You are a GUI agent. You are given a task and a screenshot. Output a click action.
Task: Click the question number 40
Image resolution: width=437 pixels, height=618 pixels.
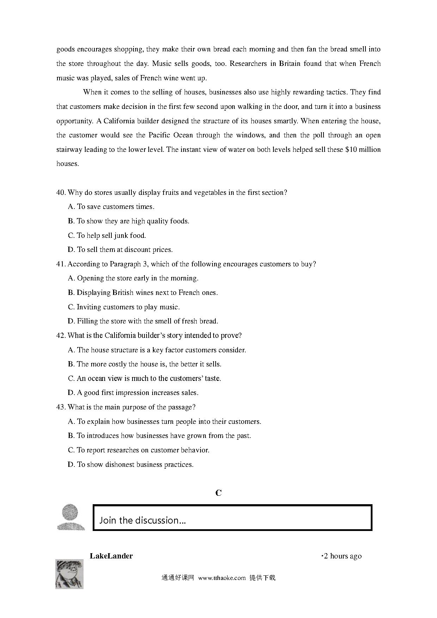tap(61, 193)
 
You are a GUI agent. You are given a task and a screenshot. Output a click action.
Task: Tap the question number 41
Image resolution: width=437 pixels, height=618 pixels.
tap(61, 264)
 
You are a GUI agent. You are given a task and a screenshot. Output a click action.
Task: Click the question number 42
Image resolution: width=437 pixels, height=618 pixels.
tap(61, 335)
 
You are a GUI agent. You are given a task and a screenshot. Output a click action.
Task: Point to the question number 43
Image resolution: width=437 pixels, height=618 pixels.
tap(61, 407)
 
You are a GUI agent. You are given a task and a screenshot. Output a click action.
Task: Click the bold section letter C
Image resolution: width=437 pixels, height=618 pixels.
tap(218, 493)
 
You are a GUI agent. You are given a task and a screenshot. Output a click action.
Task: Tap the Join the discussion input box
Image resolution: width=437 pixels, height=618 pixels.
tap(232, 518)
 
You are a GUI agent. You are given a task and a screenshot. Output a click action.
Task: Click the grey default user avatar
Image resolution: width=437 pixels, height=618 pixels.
tap(71, 517)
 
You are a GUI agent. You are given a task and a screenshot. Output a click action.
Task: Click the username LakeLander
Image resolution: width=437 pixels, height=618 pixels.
tap(111, 556)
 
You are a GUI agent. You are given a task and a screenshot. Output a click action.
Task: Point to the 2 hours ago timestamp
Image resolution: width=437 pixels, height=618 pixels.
tap(342, 556)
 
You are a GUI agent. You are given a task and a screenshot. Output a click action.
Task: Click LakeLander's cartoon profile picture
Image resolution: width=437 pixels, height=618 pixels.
tap(69, 574)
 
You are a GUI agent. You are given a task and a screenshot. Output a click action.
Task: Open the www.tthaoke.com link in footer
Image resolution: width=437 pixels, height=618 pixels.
tap(222, 578)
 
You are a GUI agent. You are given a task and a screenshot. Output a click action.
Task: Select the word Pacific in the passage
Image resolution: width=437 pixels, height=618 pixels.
tap(160, 135)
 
